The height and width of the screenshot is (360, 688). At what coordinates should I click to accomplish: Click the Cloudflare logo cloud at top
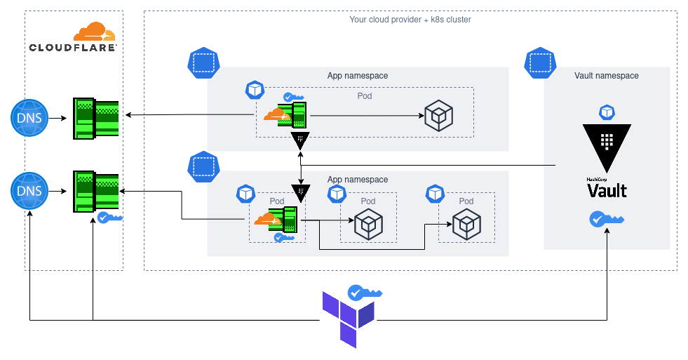coord(94,32)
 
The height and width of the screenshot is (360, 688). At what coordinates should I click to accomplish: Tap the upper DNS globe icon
coord(29,117)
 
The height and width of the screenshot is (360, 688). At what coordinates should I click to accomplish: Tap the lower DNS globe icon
coord(29,192)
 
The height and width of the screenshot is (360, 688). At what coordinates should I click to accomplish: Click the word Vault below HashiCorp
coord(607,190)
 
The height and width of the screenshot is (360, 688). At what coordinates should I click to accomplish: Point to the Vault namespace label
coord(607,76)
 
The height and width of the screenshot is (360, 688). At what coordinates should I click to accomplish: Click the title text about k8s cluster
coord(410,20)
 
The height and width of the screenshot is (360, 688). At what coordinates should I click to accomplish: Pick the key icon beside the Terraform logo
coord(365,293)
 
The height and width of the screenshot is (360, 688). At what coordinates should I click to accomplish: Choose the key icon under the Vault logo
coord(607,219)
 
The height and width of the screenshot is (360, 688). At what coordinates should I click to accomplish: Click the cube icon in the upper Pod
coord(438,116)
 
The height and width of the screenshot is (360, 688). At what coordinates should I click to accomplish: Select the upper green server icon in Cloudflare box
coord(96,117)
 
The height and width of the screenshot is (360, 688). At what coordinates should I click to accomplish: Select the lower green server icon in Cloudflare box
coord(96,191)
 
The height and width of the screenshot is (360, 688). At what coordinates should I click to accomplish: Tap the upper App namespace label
coord(358,76)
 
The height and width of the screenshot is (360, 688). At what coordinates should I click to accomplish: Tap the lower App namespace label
coord(358,180)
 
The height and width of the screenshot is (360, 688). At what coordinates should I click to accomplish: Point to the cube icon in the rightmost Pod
coord(466,225)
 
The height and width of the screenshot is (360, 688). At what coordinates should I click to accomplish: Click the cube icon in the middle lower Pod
coord(368,225)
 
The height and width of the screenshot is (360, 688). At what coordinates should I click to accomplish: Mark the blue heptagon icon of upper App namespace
coord(203,63)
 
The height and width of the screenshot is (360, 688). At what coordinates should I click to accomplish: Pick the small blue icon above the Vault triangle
coord(607,112)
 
